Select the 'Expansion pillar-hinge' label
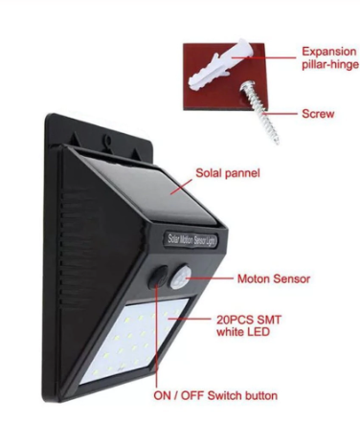(330, 57)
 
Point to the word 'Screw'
(318, 114)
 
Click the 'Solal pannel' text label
(228, 173)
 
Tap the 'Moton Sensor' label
(274, 278)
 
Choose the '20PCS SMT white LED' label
(249, 325)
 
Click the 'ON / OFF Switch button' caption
(215, 396)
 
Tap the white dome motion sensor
(181, 277)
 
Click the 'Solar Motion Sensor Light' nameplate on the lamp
(192, 240)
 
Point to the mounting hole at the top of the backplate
(108, 140)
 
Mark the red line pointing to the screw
(281, 113)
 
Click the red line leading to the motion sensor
(210, 278)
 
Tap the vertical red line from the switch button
(156, 335)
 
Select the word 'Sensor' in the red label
(291, 278)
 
